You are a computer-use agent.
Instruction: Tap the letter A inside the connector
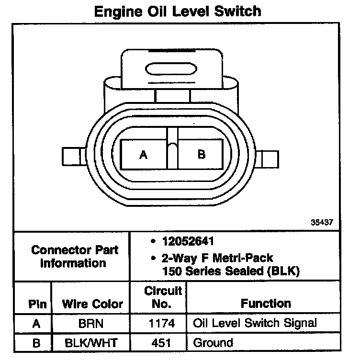143,154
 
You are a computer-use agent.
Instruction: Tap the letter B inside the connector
202,154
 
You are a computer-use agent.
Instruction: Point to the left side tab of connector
74,157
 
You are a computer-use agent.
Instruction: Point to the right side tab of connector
268,157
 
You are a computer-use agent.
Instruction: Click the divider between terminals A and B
172,148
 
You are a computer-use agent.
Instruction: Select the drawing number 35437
321,223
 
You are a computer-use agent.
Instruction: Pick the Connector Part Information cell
74,256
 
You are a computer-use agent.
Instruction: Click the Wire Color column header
92,304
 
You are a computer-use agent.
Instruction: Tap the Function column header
266,304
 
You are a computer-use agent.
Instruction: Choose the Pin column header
37,304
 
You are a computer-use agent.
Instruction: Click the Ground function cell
213,343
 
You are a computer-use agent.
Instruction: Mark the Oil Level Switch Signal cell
255,323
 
